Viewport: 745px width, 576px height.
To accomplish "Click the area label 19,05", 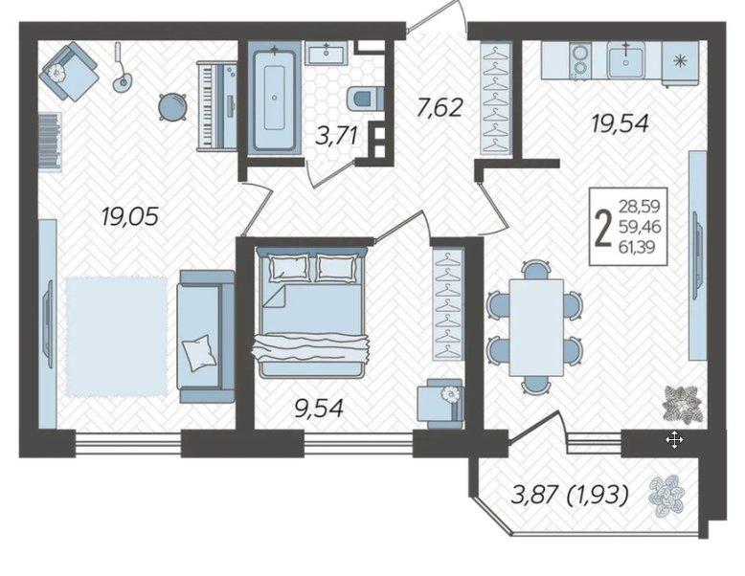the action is (x=128, y=217).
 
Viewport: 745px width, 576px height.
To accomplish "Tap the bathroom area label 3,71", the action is (x=336, y=136).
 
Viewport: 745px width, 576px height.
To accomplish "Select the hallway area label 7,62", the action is (x=439, y=108).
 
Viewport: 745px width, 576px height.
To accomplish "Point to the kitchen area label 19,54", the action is (x=620, y=124).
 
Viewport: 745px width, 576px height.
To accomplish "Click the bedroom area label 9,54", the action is (x=319, y=409).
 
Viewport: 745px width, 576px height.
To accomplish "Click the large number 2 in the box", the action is (x=603, y=228).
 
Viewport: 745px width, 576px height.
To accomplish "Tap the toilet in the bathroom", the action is (x=364, y=100).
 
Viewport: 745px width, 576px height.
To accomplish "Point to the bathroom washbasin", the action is (x=327, y=53).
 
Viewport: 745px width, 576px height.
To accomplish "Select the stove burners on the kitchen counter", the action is (x=579, y=60).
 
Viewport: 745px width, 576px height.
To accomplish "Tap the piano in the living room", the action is (x=216, y=106).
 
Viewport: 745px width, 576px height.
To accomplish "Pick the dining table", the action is (x=536, y=327).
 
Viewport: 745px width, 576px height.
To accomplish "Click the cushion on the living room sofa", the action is (x=197, y=352).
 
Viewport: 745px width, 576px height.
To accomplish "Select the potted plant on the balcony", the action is (x=666, y=497).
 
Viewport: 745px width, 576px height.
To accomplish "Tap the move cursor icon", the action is (x=674, y=441).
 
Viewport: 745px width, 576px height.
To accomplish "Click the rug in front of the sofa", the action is (x=117, y=337).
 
